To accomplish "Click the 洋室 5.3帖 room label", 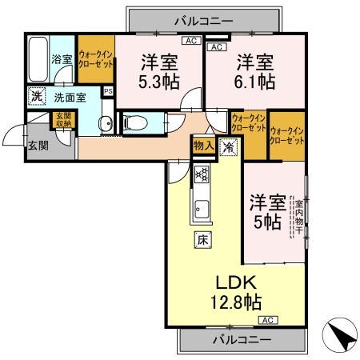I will pos(159,71).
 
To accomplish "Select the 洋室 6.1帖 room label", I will pos(254,71).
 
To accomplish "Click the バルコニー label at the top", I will pos(203,18).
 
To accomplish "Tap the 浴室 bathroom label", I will pos(62,58).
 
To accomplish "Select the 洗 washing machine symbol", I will pos(36,97).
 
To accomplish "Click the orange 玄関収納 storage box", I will pos(62,121).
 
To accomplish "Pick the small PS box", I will pos(108,91).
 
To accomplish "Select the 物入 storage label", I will pos(203,146).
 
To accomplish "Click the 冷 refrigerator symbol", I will pos(228,146).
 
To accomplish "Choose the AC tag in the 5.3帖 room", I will pos(190,40).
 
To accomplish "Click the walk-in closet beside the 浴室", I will pos(95,54).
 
